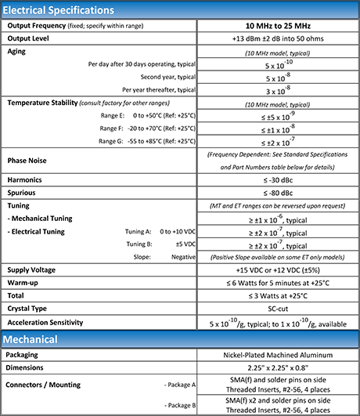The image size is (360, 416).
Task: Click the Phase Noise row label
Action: click(28, 161)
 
